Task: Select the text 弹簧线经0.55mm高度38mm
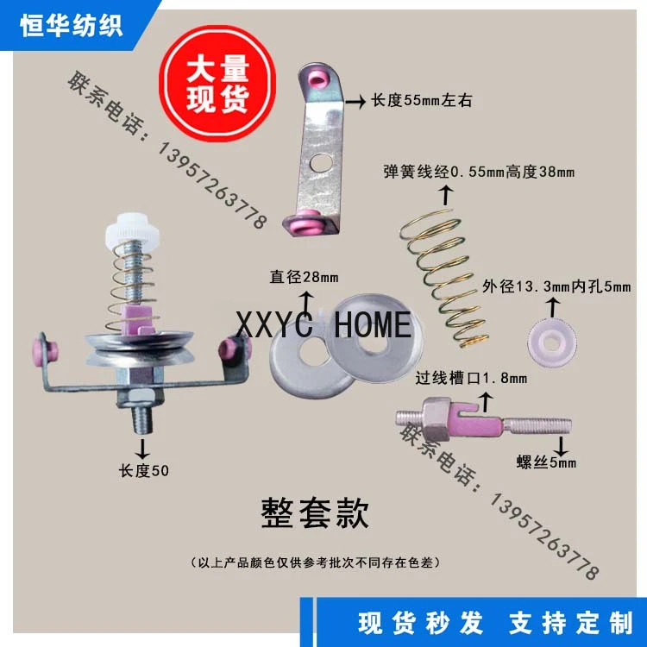[x=479, y=173]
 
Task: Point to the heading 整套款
[x=315, y=514]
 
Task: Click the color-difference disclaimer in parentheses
[x=316, y=562]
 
